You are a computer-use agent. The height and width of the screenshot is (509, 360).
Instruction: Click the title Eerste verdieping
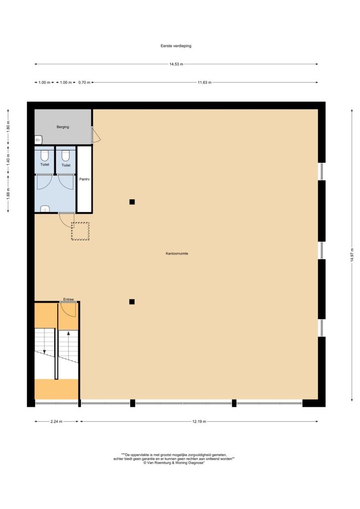(176, 46)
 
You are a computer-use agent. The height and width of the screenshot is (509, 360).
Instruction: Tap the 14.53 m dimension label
(176, 64)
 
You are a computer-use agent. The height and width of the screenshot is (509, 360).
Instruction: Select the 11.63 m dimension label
(205, 82)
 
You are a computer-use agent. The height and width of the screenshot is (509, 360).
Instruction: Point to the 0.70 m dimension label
(84, 82)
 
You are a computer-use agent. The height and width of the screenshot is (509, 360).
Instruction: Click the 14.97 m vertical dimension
(352, 255)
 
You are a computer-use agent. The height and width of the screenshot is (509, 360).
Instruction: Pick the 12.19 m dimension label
(199, 422)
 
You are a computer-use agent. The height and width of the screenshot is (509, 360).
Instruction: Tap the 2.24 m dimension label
(56, 422)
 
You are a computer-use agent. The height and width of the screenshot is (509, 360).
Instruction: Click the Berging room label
(63, 127)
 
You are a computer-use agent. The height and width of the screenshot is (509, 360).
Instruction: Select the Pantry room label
(84, 179)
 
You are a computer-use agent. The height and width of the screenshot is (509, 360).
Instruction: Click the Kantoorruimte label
(177, 254)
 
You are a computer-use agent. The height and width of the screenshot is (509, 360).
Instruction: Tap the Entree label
(69, 299)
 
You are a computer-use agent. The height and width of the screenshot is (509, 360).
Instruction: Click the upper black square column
(132, 202)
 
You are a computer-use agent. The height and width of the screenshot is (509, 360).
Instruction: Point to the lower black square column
(132, 302)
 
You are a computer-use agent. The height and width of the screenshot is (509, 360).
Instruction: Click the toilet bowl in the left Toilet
(45, 155)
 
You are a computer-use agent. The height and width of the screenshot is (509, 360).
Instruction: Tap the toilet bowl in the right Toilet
(66, 155)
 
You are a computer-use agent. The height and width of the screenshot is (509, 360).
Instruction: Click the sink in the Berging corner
(38, 140)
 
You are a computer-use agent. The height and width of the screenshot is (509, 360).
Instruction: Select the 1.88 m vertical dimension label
(8, 194)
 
